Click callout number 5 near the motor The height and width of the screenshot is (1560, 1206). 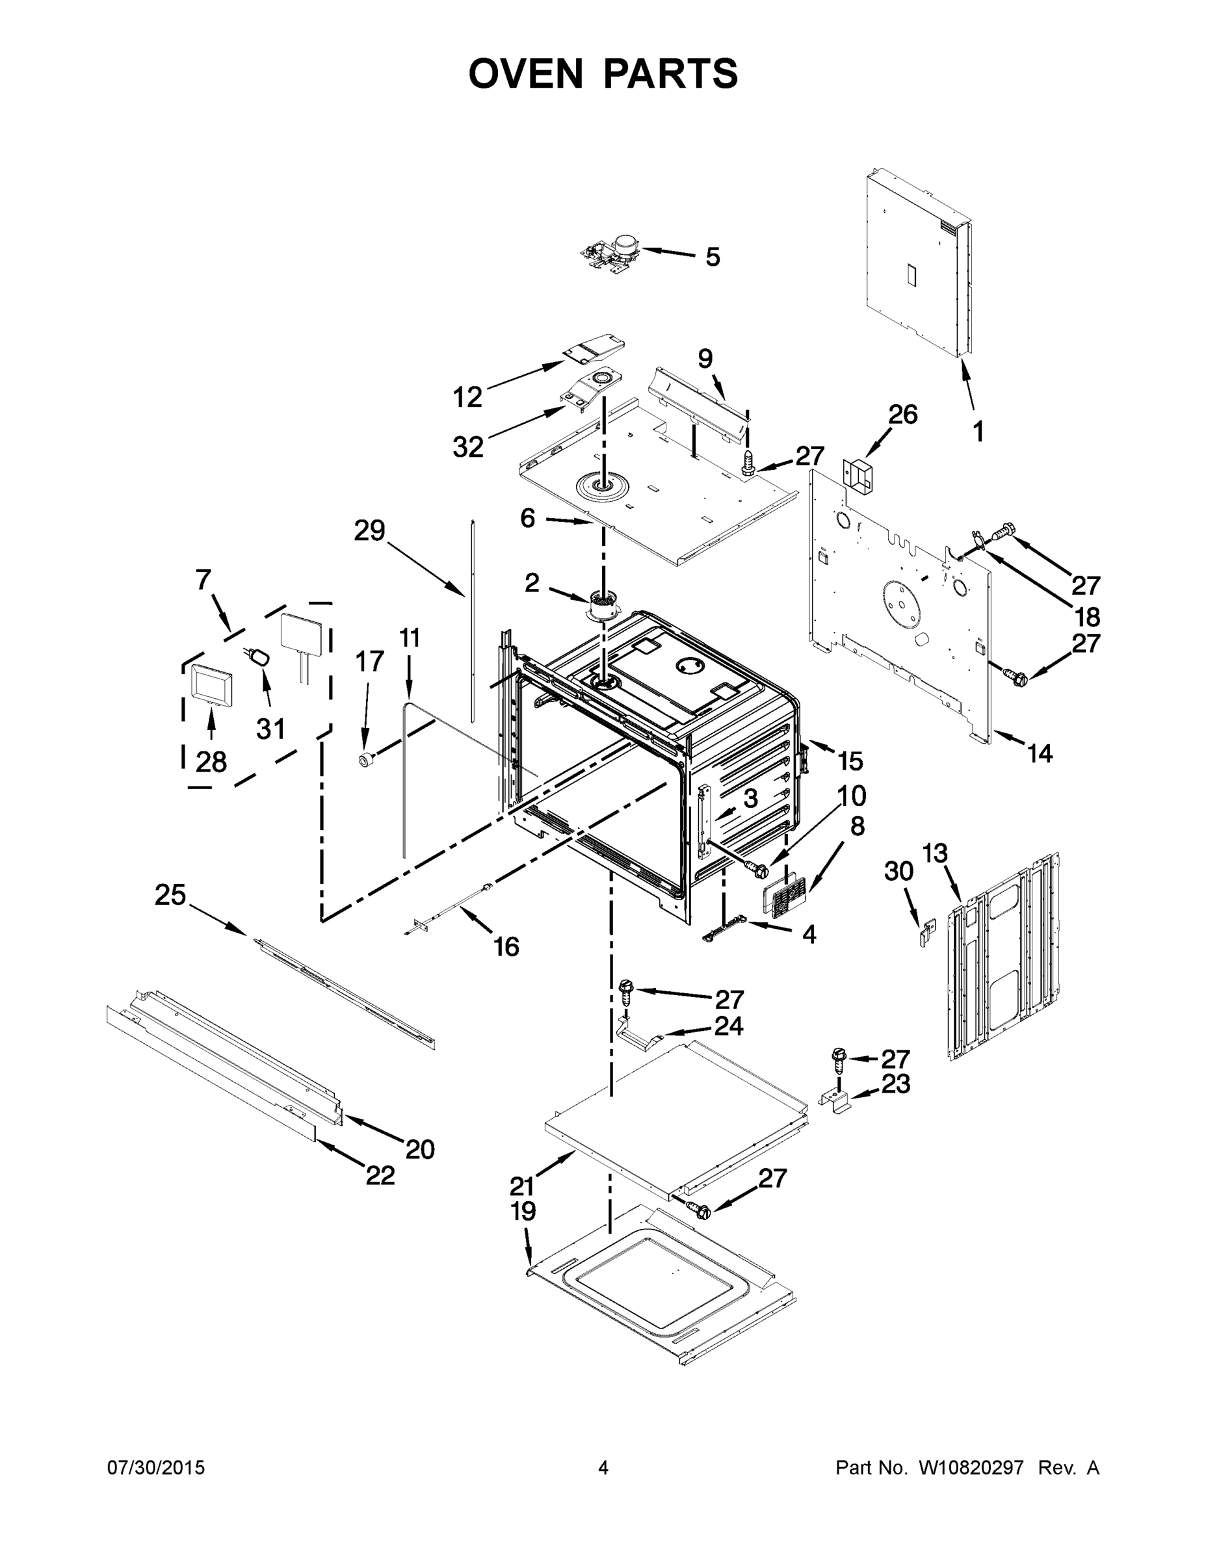coord(713,257)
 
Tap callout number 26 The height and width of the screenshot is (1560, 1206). coord(902,414)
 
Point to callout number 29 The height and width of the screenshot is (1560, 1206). coord(369,530)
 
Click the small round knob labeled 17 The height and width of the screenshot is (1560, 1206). coord(367,759)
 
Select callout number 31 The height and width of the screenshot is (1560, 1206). coord(270,729)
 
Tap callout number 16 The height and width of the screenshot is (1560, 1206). coord(506,947)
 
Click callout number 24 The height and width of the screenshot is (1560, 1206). coord(729,1026)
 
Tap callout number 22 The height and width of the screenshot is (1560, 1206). coord(380,1175)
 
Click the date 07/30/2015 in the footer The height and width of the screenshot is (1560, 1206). coord(156,1468)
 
